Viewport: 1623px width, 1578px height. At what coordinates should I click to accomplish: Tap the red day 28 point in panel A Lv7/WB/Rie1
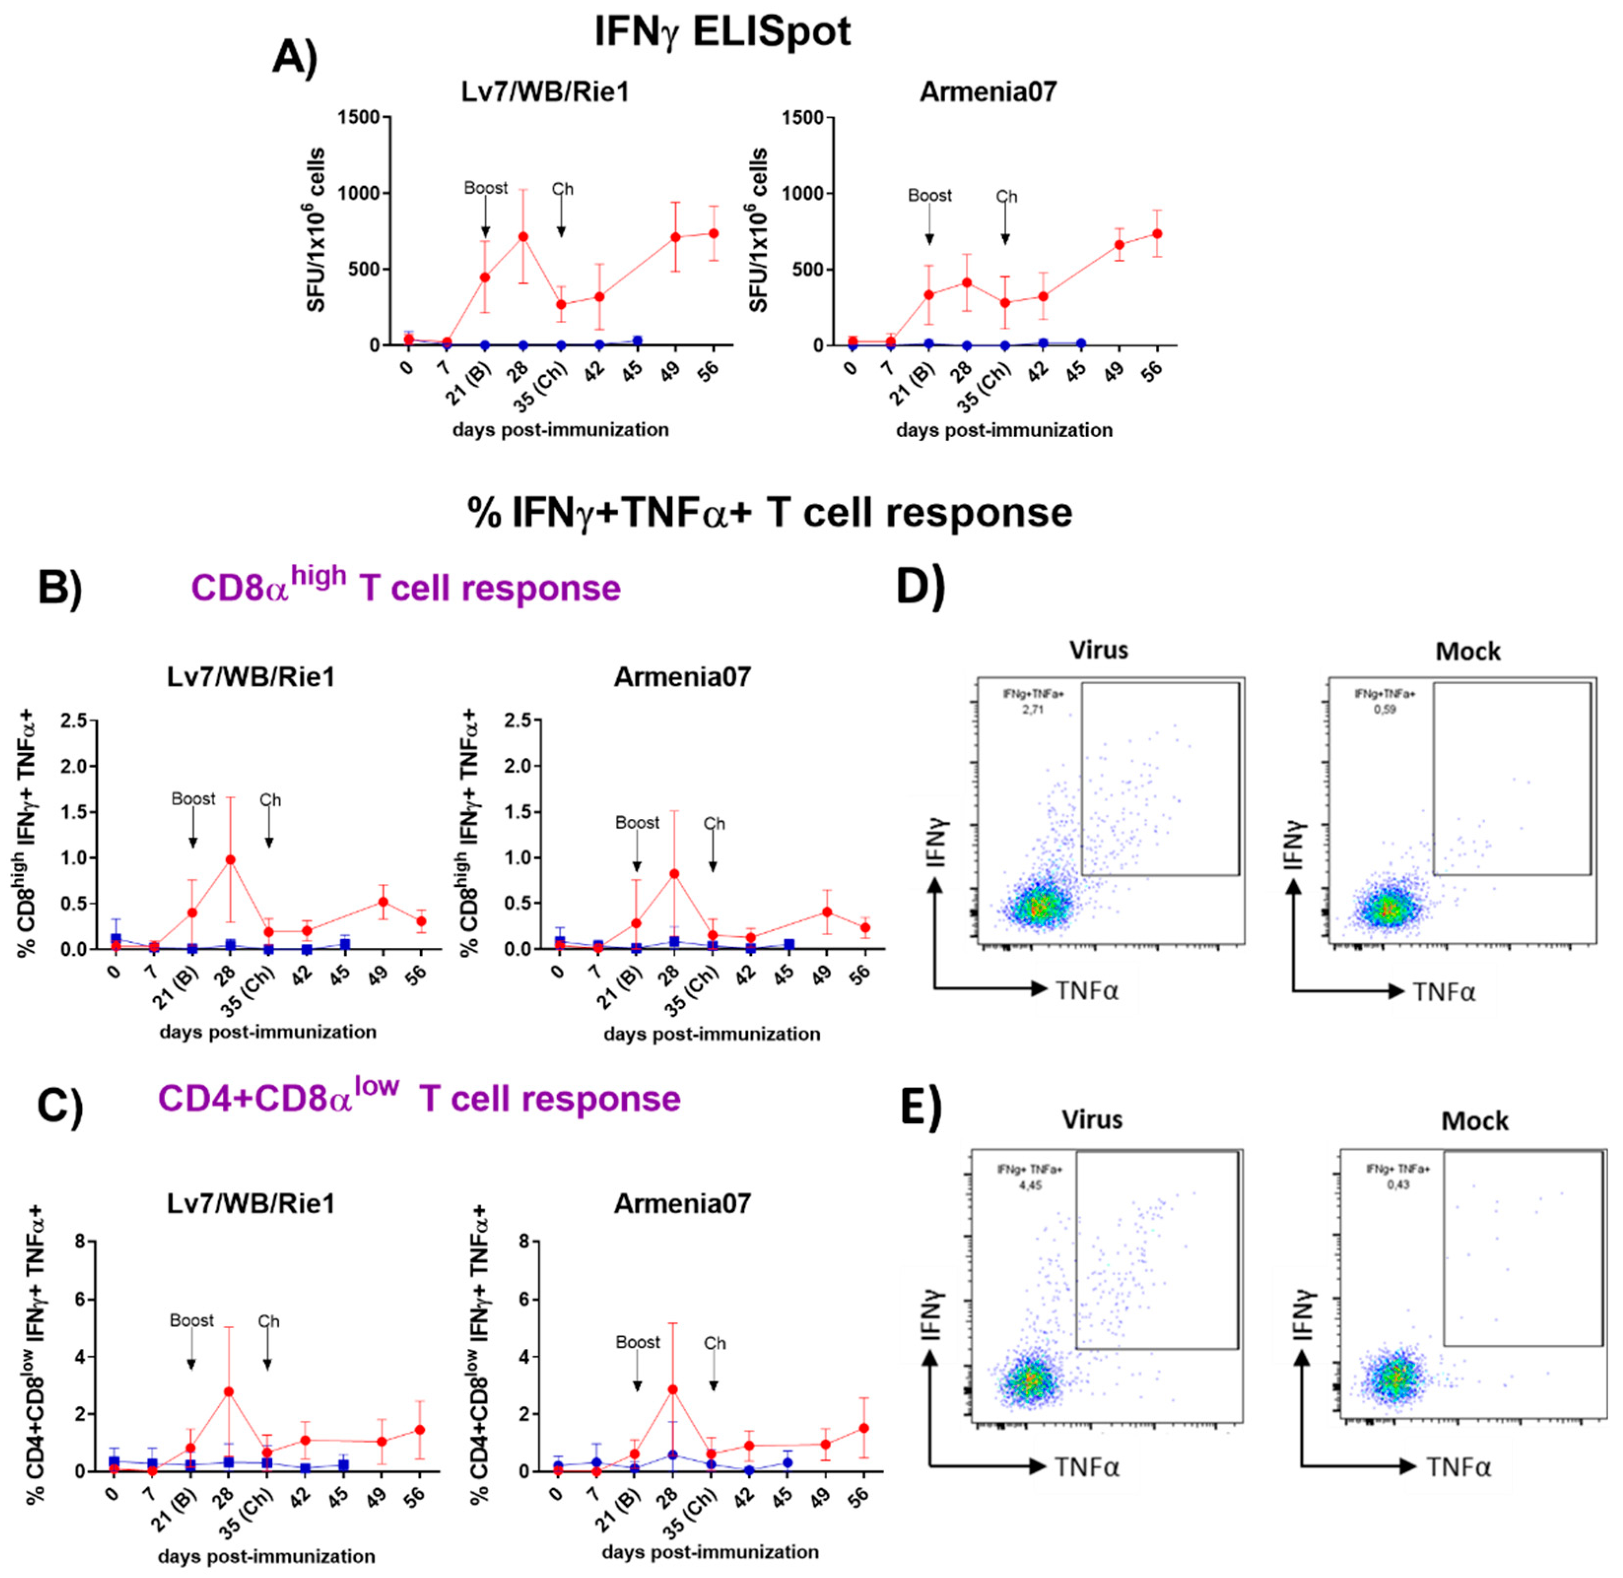coord(523,237)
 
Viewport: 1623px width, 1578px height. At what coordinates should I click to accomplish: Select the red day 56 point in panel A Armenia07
coord(1158,234)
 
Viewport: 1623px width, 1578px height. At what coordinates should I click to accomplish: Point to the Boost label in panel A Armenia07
coord(929,196)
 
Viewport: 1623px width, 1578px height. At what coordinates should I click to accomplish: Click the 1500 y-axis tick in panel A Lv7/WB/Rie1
coord(358,118)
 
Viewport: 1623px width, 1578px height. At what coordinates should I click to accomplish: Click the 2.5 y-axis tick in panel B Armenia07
coord(519,722)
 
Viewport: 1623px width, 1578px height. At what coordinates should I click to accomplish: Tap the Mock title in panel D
coord(1467,651)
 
